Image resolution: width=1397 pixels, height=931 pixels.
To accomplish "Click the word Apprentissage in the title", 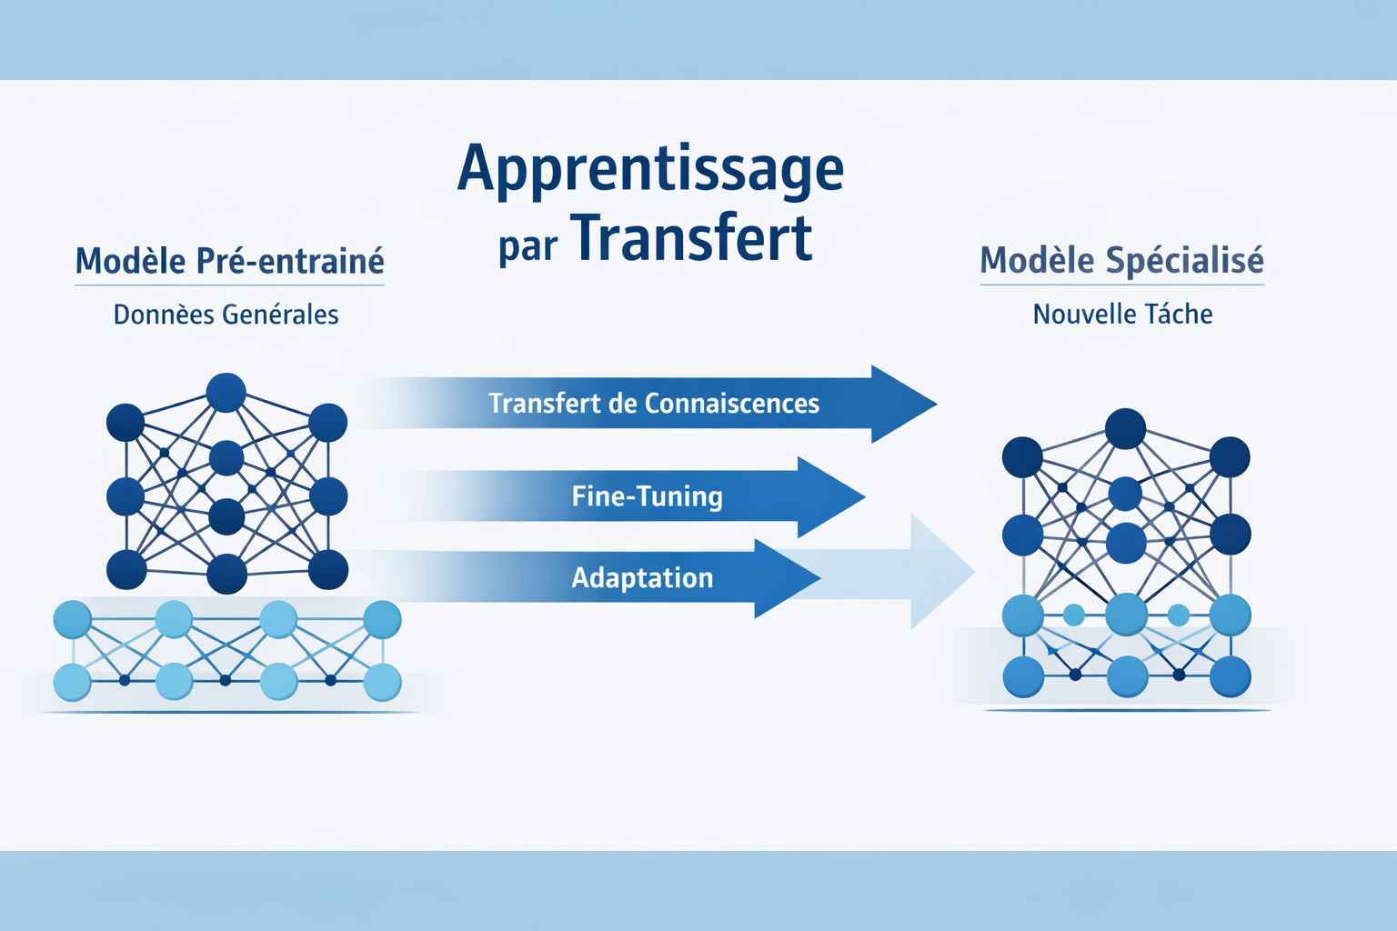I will (x=650, y=170).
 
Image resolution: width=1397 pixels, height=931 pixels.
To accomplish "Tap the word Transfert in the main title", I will (x=692, y=239).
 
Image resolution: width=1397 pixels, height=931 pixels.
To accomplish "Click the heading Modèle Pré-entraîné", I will (x=229, y=261).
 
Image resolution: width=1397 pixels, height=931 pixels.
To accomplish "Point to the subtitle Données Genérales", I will (x=226, y=315).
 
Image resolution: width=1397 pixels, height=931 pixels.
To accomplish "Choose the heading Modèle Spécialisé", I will (x=1121, y=260).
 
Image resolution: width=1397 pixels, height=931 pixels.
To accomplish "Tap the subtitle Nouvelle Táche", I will (x=1122, y=315).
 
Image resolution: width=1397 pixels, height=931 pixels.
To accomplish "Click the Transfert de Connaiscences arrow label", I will (x=653, y=403).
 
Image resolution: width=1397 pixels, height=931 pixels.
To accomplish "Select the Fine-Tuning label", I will (x=647, y=496).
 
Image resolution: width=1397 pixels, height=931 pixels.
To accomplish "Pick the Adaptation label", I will (x=642, y=578).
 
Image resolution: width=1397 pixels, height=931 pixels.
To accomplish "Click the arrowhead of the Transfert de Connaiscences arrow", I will (x=901, y=404).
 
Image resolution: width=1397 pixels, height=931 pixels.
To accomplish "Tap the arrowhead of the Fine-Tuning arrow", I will (x=829, y=497).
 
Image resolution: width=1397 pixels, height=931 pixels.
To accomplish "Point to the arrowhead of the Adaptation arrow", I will (x=785, y=578).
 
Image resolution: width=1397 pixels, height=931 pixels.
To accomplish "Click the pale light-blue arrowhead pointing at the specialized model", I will (x=940, y=572).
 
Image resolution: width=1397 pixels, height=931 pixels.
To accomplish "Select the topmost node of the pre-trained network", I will (x=226, y=393).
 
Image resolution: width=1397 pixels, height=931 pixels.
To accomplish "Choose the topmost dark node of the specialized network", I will (x=1125, y=429).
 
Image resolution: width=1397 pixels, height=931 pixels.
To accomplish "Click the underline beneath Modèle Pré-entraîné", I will (x=229, y=285).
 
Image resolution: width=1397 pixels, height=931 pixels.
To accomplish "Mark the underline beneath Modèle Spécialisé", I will (x=1121, y=285).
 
